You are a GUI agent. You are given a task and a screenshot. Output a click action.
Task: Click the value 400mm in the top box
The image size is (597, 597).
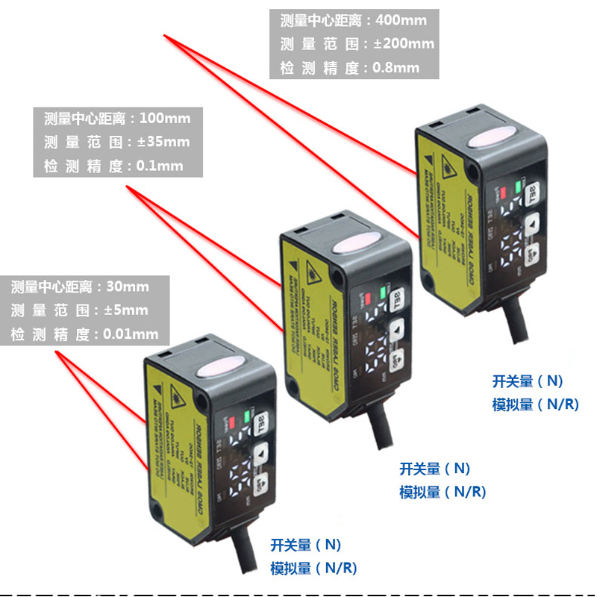(x=403, y=19)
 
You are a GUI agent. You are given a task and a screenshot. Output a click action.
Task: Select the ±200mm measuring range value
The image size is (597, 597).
(x=403, y=43)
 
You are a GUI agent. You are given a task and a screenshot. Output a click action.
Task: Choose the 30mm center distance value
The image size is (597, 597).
(x=128, y=287)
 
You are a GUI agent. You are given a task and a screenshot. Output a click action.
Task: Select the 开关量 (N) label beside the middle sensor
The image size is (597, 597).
(x=435, y=469)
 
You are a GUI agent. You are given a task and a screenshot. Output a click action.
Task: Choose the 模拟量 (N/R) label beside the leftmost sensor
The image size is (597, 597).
(x=313, y=569)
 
